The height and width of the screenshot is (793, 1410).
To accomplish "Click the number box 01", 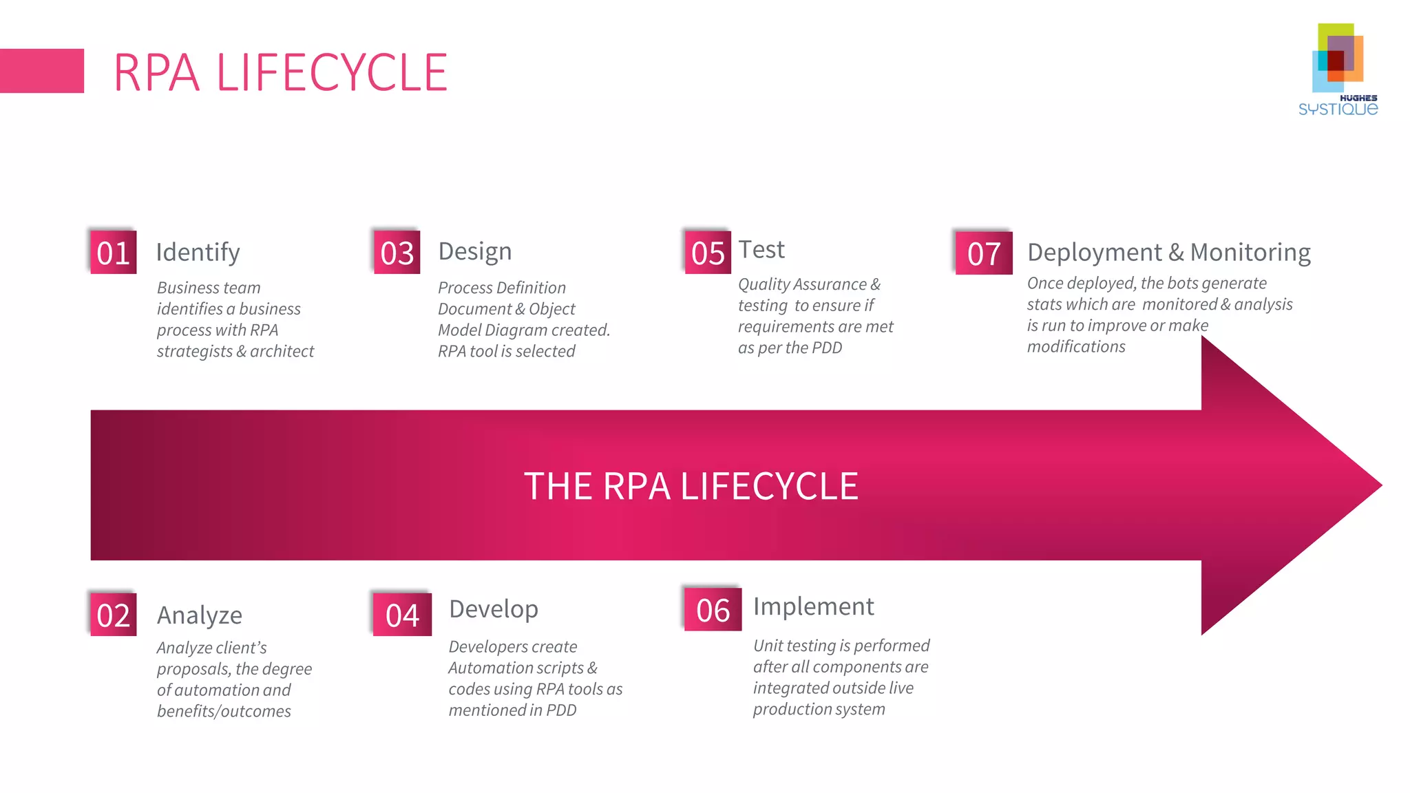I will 114,253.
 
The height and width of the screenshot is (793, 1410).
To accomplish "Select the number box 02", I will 114,615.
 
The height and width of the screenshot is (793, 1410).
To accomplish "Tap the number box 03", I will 397,253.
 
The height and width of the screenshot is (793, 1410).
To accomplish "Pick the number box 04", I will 402,615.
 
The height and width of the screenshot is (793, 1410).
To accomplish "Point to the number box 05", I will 708,253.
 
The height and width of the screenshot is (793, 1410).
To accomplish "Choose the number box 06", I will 713,610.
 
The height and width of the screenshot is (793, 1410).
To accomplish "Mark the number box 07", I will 984,253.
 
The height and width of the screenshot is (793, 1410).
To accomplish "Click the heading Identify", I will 198,253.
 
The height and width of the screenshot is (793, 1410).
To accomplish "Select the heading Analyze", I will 200,615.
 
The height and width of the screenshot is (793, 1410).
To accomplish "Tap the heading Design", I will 475,251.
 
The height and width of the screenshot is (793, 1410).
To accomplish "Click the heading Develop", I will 494,609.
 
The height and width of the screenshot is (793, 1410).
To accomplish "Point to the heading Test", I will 761,249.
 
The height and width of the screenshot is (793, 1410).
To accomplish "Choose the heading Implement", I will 814,606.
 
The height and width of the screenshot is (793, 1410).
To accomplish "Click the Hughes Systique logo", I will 1338,69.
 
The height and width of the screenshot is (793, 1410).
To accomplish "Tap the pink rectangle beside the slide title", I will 41,71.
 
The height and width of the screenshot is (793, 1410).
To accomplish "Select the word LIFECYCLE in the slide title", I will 332,72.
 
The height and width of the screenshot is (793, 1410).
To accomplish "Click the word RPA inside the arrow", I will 636,486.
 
